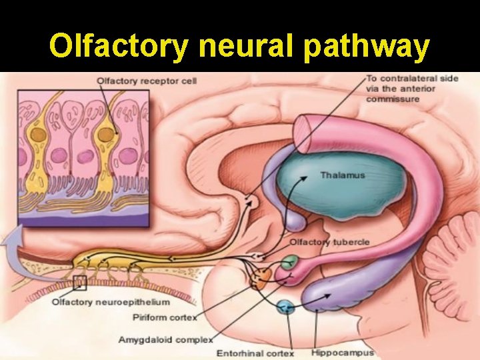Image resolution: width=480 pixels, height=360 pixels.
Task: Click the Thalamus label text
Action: (342, 176)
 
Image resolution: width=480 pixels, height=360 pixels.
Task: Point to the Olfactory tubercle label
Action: (329, 241)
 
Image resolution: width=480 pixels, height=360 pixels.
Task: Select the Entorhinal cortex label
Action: (255, 352)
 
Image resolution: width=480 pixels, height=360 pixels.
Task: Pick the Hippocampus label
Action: (343, 352)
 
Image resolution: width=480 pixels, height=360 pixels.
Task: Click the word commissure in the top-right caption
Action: (393, 99)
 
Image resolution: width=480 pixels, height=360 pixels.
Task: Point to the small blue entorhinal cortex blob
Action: (285, 308)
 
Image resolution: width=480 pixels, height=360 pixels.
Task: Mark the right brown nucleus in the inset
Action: (106, 135)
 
